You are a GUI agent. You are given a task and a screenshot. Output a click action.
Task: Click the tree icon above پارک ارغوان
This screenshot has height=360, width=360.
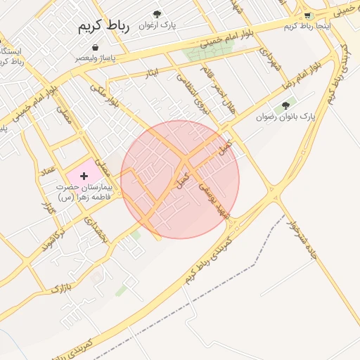click(x=156, y=13)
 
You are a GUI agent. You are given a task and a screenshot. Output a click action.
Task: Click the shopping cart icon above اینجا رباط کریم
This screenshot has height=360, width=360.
click(x=308, y=15)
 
